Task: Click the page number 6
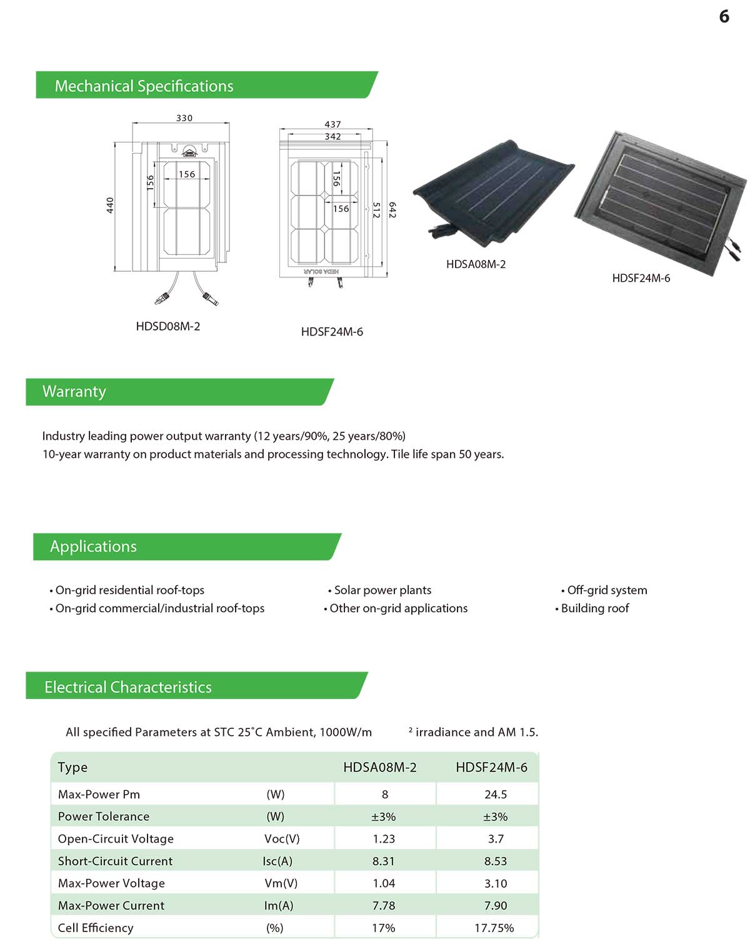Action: (724, 16)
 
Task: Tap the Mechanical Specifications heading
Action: (144, 86)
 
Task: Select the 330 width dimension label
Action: (184, 118)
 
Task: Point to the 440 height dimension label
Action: (110, 205)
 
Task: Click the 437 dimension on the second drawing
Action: (332, 124)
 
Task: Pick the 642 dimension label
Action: (392, 210)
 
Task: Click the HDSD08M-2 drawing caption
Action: (168, 326)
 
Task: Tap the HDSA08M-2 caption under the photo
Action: (476, 264)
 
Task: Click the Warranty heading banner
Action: (74, 392)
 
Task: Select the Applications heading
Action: (93, 547)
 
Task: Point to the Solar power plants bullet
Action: (382, 590)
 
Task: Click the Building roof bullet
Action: (594, 608)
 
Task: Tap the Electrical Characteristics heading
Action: (128, 687)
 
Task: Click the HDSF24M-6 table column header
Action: (491, 767)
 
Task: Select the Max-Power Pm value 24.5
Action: (496, 795)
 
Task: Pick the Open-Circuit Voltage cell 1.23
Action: (384, 839)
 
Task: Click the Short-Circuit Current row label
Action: (115, 861)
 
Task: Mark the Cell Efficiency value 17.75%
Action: (494, 928)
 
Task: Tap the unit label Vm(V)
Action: (281, 883)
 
